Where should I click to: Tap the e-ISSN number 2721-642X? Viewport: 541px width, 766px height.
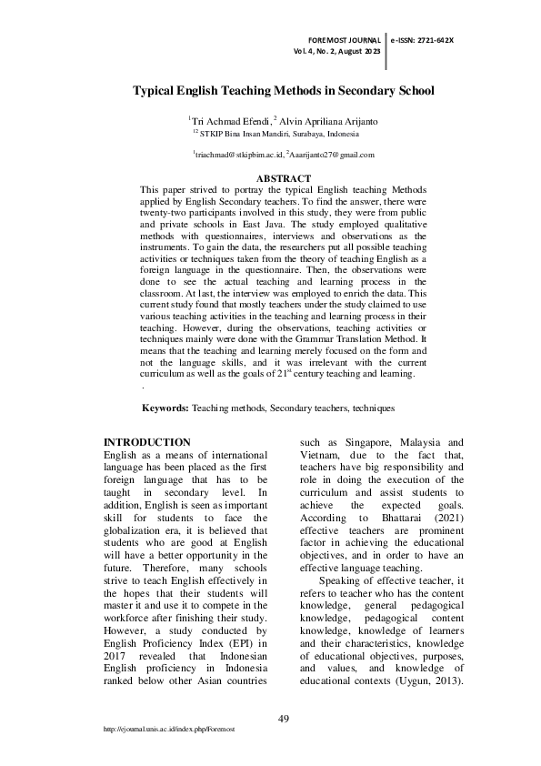point(423,41)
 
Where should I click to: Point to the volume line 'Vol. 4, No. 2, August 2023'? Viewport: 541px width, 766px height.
point(336,52)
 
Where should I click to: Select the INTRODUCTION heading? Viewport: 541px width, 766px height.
point(147,442)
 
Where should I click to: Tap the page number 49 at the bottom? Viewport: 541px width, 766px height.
point(284,720)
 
